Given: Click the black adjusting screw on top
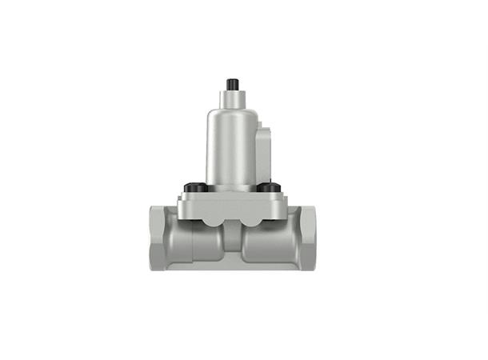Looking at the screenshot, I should tap(234, 84).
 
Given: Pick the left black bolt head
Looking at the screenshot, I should tap(193, 188).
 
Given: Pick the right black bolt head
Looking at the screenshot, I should tap(270, 188).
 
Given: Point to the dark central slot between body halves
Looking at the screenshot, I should tap(233, 240).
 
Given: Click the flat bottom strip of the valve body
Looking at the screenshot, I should tap(233, 265).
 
